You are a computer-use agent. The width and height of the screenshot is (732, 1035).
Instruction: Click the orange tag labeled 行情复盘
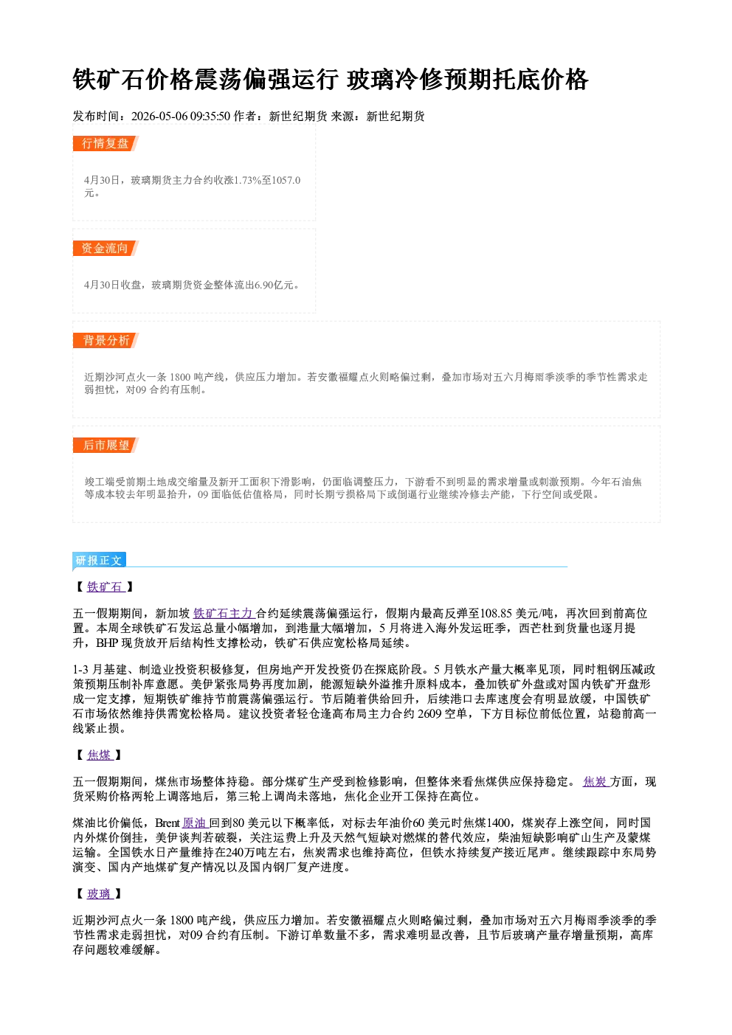[x=105, y=143]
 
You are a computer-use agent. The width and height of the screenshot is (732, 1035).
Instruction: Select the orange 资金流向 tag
[x=105, y=248]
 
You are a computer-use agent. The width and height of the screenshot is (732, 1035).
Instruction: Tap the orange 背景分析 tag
[x=105, y=341]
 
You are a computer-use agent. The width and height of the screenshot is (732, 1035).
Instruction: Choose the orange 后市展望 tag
[x=105, y=446]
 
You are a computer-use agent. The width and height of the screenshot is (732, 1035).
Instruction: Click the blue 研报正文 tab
[x=99, y=561]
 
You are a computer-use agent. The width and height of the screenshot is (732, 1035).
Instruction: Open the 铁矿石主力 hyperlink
[x=224, y=613]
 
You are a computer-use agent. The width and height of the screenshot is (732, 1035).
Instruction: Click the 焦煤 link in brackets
[x=100, y=755]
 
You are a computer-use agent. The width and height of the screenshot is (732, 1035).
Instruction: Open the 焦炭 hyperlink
[x=595, y=781]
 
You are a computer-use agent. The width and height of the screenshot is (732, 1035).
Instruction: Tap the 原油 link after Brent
[x=196, y=823]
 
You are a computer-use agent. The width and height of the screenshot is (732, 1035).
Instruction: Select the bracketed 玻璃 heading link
[x=100, y=893]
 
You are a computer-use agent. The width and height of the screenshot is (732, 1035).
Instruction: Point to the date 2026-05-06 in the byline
[x=159, y=116]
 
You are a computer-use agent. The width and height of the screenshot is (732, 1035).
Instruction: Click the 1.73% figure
[x=248, y=180]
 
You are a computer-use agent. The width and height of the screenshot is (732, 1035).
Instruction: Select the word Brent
[x=168, y=823]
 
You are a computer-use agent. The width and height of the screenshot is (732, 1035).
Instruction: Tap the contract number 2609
[x=429, y=714]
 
